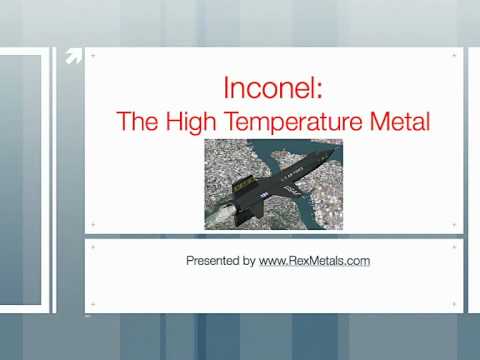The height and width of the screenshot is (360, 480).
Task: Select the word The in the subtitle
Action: tap(133, 122)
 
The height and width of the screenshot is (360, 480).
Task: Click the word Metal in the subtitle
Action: tap(400, 122)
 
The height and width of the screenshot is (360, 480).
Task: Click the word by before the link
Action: tap(249, 261)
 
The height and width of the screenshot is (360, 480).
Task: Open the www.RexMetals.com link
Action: tap(315, 261)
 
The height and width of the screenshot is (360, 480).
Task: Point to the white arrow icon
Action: tap(72, 57)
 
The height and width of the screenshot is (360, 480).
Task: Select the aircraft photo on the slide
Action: tap(273, 184)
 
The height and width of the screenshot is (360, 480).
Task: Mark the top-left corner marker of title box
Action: tap(92, 55)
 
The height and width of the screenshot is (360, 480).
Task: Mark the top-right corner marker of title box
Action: tap(455, 55)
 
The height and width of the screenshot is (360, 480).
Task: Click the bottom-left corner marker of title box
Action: tap(92, 224)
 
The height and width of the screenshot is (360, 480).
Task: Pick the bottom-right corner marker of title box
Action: tap(455, 224)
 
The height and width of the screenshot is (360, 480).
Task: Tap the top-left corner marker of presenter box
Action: tap(92, 245)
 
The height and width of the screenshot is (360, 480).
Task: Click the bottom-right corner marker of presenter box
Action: tap(455, 302)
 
